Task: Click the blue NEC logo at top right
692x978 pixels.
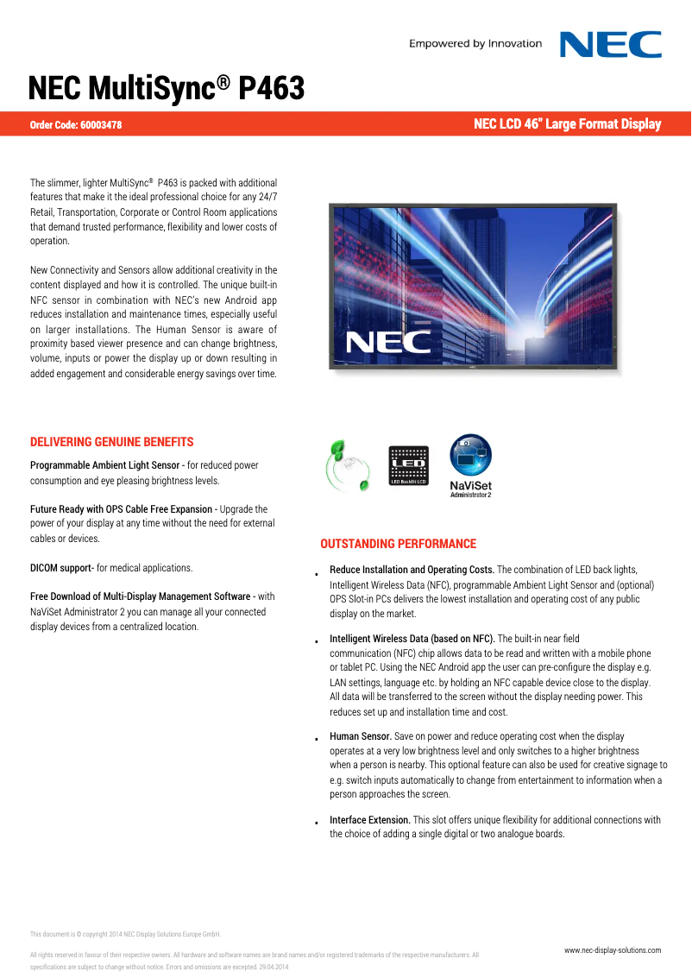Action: click(x=611, y=44)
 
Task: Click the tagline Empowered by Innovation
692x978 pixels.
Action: click(x=475, y=44)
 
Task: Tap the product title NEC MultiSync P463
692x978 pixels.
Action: click(x=167, y=88)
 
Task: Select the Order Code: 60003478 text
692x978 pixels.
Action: click(x=76, y=125)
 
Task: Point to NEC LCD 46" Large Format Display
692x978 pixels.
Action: click(x=567, y=124)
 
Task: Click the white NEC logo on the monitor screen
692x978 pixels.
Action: click(x=388, y=342)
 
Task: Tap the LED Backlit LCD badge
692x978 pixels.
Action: click(x=408, y=465)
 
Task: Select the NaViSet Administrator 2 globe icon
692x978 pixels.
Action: click(x=470, y=457)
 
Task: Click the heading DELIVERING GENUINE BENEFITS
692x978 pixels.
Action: click(x=112, y=442)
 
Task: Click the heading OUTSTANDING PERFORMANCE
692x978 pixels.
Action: click(x=398, y=544)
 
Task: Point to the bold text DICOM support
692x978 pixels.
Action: click(x=61, y=568)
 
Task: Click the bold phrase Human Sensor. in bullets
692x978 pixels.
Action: click(x=361, y=736)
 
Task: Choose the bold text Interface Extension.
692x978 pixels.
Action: click(x=370, y=820)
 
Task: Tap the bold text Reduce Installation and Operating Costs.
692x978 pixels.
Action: click(x=412, y=570)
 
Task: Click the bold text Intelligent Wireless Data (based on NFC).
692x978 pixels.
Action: click(x=412, y=640)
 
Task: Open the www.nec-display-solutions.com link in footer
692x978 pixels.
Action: click(x=613, y=950)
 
